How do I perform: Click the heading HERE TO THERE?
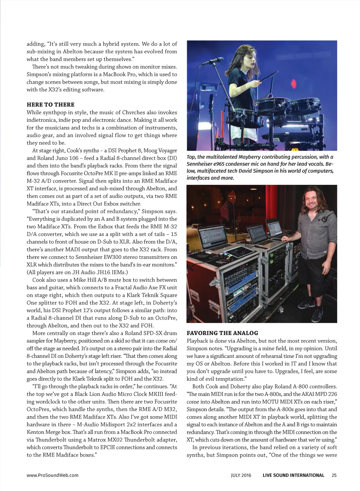51,105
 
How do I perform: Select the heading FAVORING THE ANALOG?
222,333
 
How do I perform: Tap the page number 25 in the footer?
334,475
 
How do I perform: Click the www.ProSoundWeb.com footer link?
52,475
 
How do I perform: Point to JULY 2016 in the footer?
241,475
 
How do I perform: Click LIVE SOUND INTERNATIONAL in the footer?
293,475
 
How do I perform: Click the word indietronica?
41,120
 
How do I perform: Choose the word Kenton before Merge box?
36,432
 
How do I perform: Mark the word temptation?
229,379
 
